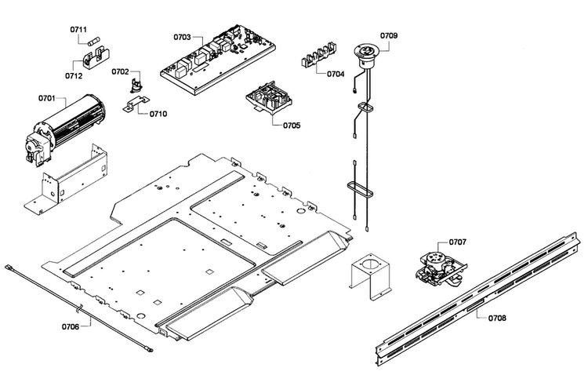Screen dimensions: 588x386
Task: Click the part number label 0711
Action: click(78, 29)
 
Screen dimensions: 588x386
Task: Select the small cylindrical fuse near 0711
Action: click(95, 42)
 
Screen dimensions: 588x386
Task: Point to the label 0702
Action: click(120, 71)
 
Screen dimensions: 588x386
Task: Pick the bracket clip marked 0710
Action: click(136, 103)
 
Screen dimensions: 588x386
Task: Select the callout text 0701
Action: click(46, 98)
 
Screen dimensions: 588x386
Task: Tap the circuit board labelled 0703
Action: click(218, 60)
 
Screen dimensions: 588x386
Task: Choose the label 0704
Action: click(336, 74)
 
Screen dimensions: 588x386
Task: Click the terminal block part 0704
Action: click(318, 56)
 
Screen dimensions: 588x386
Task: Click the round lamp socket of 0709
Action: click(365, 55)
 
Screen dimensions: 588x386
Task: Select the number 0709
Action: click(389, 35)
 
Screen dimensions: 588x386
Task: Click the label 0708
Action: click(497, 318)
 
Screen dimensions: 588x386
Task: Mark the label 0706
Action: click(71, 326)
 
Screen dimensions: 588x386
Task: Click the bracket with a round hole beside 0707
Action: click(370, 275)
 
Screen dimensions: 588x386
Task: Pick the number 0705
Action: click(292, 126)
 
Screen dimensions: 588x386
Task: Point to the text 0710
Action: click(158, 114)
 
